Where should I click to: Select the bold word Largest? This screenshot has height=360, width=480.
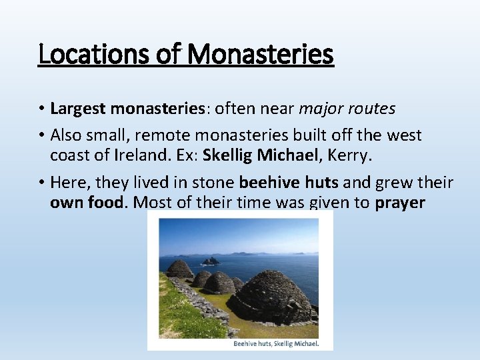pyautogui.click(x=79, y=108)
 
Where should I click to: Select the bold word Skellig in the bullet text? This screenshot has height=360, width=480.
pyautogui.click(x=227, y=155)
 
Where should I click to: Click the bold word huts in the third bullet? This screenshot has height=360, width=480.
pyautogui.click(x=319, y=183)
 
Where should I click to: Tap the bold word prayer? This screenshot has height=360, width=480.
pyautogui.click(x=400, y=203)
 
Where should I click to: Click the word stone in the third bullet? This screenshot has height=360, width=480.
pyautogui.click(x=212, y=183)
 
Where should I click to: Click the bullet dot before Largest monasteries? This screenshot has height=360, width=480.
pyautogui.click(x=41, y=109)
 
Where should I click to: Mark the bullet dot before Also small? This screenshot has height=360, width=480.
pyautogui.click(x=41, y=136)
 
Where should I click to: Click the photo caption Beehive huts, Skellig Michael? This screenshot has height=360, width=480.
pyautogui.click(x=275, y=344)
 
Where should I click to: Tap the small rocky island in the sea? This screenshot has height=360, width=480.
pyautogui.click(x=211, y=261)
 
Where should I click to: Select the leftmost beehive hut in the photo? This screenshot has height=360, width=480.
pyautogui.click(x=179, y=269)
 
